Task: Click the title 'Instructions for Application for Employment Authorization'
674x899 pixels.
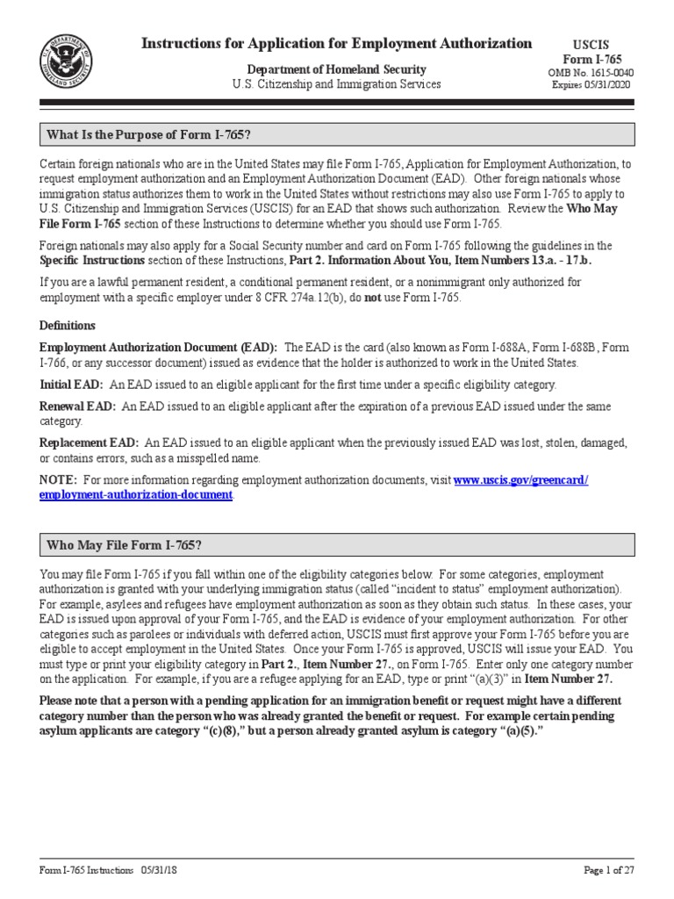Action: (x=337, y=43)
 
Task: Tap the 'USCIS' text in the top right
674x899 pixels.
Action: (x=591, y=44)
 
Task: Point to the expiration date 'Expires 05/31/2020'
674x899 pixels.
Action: (x=591, y=84)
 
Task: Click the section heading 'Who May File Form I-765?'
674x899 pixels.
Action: (x=125, y=546)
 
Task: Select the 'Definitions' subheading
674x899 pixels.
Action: (x=68, y=326)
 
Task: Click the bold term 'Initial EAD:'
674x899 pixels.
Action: (x=72, y=385)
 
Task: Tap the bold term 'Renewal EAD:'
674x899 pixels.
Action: (x=77, y=406)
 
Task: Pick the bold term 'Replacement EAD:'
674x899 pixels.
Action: (x=90, y=443)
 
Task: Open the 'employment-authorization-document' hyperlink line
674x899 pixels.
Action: (x=136, y=495)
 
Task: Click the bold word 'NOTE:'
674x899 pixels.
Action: (x=59, y=480)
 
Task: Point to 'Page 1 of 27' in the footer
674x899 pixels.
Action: (x=608, y=870)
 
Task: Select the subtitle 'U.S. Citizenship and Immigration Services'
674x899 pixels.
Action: (x=337, y=84)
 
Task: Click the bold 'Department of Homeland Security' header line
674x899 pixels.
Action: (x=337, y=69)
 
